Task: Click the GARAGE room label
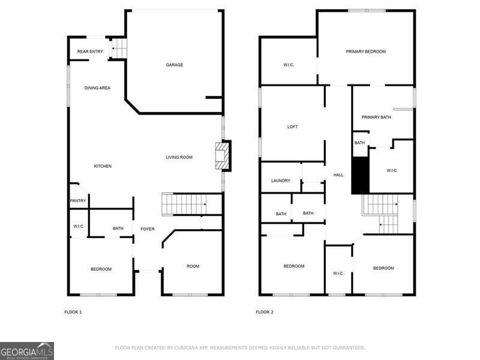click(x=175, y=65)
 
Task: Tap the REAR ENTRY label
click(x=91, y=52)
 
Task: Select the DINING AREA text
click(x=97, y=88)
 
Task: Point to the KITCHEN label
click(x=103, y=166)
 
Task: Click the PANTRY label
click(x=79, y=201)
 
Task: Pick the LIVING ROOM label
click(x=179, y=157)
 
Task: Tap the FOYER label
click(x=148, y=229)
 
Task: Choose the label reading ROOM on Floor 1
click(x=193, y=266)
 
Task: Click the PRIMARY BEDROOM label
click(x=365, y=52)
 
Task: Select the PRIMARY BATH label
click(x=376, y=117)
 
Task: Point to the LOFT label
click(x=292, y=127)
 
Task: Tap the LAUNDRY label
click(x=281, y=181)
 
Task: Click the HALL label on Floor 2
click(x=338, y=175)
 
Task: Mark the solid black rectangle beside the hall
click(x=360, y=176)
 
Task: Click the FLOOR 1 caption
click(x=73, y=312)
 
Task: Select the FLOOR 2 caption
click(x=265, y=312)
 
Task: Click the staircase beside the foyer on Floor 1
click(x=186, y=204)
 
